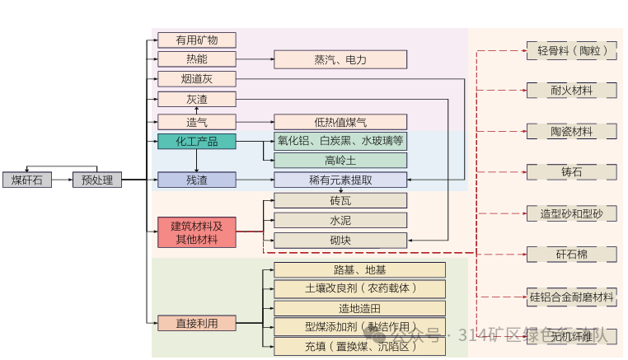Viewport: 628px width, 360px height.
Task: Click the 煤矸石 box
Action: tap(27, 180)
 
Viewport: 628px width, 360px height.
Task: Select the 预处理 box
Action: tap(97, 180)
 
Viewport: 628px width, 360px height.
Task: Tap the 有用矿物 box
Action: tap(196, 40)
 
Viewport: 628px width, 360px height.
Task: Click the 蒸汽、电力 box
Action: tap(340, 59)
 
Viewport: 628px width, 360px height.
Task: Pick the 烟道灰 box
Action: tap(196, 79)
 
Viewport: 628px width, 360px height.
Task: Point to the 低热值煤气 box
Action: tap(340, 122)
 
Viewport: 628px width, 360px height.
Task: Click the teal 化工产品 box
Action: tap(196, 141)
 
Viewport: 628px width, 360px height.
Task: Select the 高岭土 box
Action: tap(340, 160)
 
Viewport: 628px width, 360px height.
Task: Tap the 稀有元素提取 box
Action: tap(340, 180)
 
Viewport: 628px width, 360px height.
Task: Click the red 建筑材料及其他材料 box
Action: tap(196, 232)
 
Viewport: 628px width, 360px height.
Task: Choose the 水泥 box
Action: tap(340, 220)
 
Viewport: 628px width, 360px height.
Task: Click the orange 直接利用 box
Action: tap(196, 323)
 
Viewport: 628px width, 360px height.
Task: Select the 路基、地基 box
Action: tap(359, 269)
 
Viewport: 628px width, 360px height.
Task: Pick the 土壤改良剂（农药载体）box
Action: tap(359, 288)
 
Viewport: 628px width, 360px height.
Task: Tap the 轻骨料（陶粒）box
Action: tap(571, 51)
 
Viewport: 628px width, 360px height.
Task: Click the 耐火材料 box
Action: tap(571, 90)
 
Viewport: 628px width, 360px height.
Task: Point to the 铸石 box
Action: tap(571, 172)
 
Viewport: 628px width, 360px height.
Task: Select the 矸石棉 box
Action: tap(571, 254)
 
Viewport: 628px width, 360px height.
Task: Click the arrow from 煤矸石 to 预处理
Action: tap(62, 180)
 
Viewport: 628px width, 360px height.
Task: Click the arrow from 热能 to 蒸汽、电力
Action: tap(255, 59)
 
